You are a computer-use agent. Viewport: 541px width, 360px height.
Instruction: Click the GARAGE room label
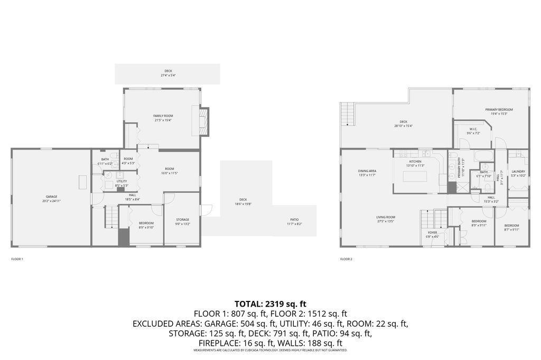click(x=51, y=197)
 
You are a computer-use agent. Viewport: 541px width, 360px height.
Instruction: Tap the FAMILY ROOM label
click(x=163, y=116)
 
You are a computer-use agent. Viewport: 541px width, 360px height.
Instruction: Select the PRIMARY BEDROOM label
click(x=499, y=110)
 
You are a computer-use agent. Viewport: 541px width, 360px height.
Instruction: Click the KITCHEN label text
click(x=415, y=162)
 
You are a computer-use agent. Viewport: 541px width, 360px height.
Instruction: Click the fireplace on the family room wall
click(x=204, y=121)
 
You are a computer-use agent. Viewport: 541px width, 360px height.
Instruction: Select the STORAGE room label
click(x=182, y=220)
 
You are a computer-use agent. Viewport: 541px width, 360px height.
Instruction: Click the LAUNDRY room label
click(x=518, y=172)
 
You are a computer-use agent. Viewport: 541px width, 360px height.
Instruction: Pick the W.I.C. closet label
click(x=473, y=129)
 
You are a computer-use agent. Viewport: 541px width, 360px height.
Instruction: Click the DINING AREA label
click(x=367, y=171)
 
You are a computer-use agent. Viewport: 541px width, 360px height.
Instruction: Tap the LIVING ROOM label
click(x=386, y=217)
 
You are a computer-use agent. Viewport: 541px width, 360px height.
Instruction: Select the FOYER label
click(x=433, y=232)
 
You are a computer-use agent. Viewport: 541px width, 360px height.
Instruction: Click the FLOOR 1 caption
click(x=17, y=259)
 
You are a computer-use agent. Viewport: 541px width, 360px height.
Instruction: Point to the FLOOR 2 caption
click(x=346, y=259)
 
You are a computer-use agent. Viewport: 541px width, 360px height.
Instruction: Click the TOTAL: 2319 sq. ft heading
click(x=270, y=304)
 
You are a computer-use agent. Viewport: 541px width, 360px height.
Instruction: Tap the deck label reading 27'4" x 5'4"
click(x=168, y=71)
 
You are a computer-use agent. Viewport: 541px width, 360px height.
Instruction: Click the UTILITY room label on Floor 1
click(x=122, y=182)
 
